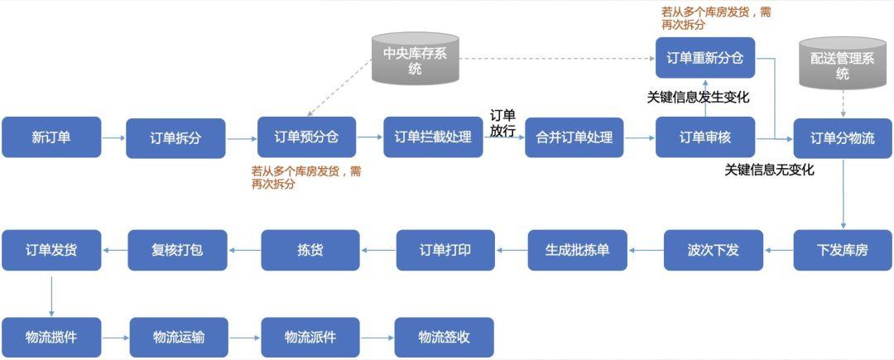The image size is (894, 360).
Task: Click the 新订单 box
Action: [51, 137]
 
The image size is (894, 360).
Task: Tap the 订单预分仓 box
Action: [306, 137]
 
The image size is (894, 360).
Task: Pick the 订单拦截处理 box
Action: [433, 137]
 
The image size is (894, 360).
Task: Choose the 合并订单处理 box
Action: [574, 137]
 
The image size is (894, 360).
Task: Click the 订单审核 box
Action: [705, 137]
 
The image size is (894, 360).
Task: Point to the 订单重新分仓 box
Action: [705, 58]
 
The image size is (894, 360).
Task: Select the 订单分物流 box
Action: [843, 138]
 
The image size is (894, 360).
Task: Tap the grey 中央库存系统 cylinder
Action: [416, 60]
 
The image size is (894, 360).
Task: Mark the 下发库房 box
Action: [843, 250]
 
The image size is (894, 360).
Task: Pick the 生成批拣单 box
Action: [578, 250]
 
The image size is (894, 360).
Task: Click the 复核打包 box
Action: [177, 250]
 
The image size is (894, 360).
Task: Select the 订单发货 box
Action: [51, 250]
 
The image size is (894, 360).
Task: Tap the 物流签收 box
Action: [445, 338]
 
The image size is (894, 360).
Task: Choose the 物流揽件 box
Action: [51, 338]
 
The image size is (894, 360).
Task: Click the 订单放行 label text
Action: [502, 123]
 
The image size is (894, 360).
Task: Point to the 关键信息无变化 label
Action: [769, 170]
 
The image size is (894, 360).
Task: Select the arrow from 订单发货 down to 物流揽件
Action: [51, 294]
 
